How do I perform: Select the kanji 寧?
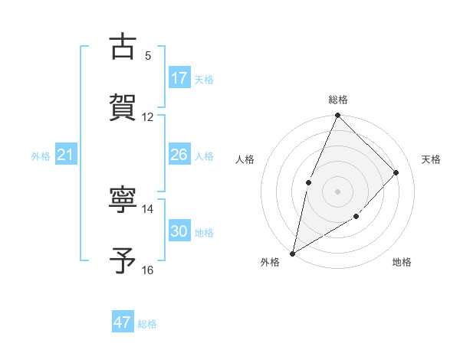click(123, 200)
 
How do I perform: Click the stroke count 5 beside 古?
click(148, 56)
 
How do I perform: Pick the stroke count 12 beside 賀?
click(148, 117)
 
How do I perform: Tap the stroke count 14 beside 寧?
click(148, 209)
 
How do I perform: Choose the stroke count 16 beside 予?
click(148, 270)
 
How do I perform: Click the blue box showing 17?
click(179, 78)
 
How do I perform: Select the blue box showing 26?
click(179, 155)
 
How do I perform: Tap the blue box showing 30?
click(179, 231)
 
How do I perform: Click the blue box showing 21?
click(66, 155)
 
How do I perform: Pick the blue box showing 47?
click(123, 322)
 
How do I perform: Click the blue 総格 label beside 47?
click(147, 324)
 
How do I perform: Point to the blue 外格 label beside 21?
click(41, 156)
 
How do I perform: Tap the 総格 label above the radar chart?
click(337, 100)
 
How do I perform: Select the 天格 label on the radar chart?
click(431, 159)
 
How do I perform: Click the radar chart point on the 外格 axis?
click(292, 253)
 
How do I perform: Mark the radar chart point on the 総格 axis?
click(337, 116)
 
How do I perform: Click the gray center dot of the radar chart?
click(337, 191)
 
